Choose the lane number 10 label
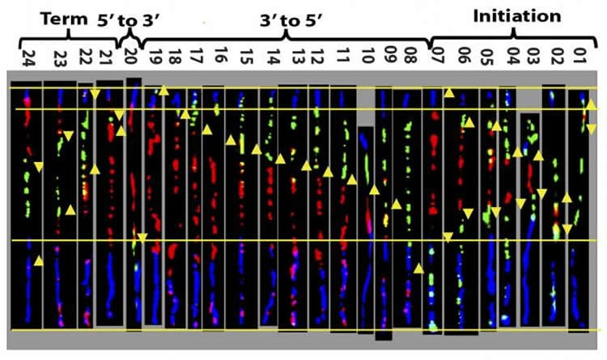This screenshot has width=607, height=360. (x=368, y=58)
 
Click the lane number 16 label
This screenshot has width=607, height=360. (x=221, y=58)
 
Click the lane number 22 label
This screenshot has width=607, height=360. (x=85, y=58)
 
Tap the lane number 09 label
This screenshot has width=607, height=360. (x=388, y=58)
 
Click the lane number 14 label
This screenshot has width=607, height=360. (x=274, y=58)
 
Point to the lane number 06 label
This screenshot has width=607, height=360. (x=463, y=58)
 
